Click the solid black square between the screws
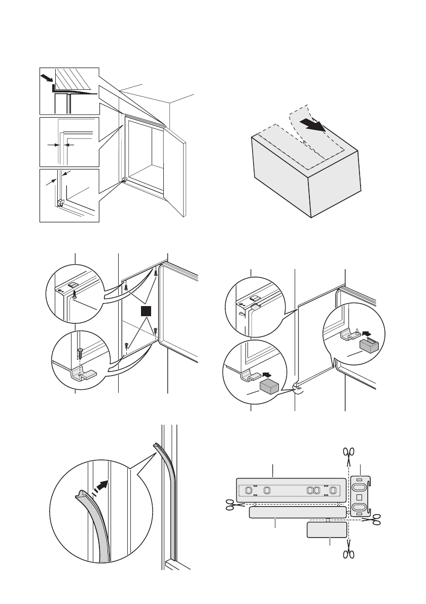coord(146,311)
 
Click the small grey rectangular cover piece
coord(328,531)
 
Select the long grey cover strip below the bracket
coord(298,512)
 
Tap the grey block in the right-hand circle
coord(368,346)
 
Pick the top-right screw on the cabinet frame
coord(155,274)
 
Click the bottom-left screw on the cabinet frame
coord(125,345)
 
